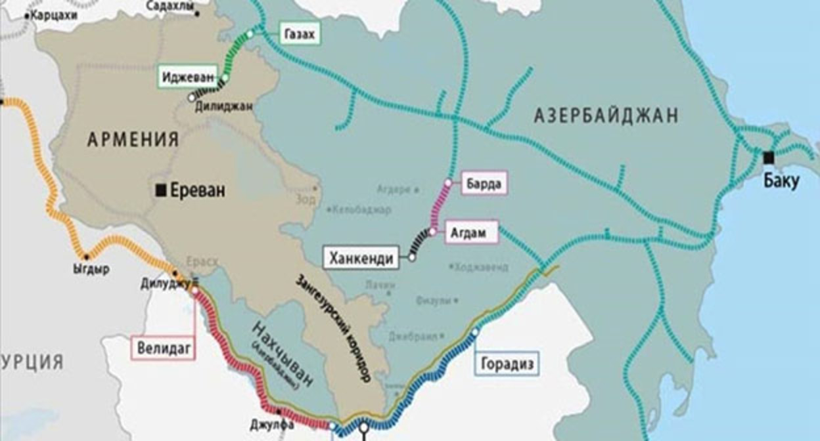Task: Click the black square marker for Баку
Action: pos(768,157)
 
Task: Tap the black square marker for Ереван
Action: pos(160,190)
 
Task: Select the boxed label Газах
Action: pos(300,34)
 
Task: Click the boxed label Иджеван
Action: pos(187,77)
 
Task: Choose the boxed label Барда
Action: pos(485,184)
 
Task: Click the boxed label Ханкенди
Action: pos(363,259)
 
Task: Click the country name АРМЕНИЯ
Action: pos(133,140)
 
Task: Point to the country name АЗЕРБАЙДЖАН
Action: pos(605,116)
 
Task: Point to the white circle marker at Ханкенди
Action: pos(412,258)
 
